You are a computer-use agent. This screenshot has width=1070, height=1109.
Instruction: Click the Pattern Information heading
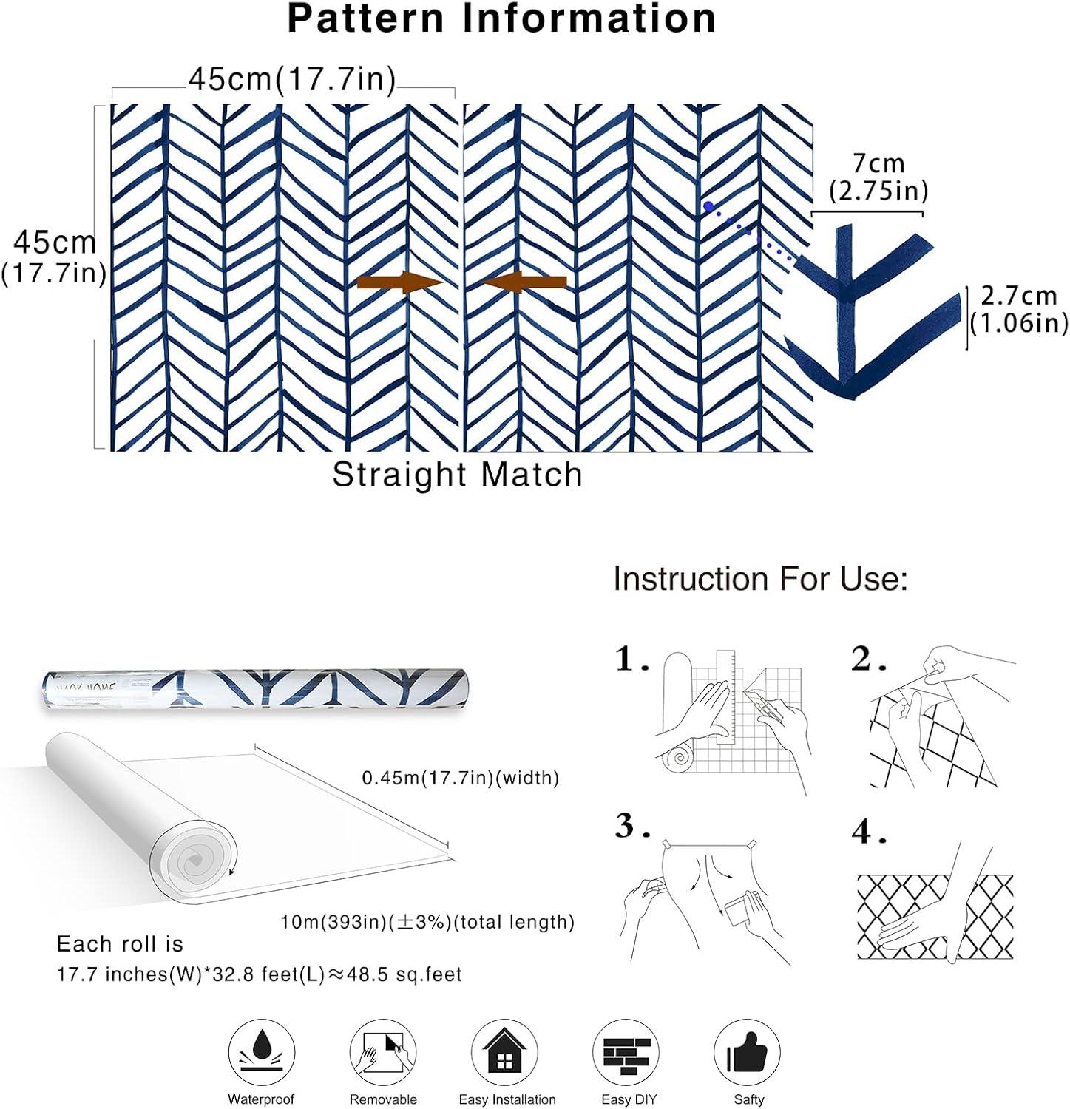point(501,19)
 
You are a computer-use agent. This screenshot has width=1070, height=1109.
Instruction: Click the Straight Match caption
point(457,475)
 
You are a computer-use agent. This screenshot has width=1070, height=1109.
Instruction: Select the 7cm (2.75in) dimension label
point(878,177)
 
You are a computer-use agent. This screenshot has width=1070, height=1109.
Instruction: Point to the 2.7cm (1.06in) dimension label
point(1018,309)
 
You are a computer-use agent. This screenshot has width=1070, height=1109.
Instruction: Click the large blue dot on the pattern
point(708,207)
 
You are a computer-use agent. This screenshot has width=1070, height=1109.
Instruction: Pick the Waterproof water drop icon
point(262,1051)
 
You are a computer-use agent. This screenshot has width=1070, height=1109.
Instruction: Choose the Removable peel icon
point(383,1051)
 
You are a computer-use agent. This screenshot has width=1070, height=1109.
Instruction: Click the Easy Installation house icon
point(504,1051)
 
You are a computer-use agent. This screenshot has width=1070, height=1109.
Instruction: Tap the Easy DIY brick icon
point(627,1051)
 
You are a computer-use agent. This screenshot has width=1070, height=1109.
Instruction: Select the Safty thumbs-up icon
point(748,1051)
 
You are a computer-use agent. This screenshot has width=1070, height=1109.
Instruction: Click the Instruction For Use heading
point(760,579)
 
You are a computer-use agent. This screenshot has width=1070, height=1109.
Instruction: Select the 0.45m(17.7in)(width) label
point(460,778)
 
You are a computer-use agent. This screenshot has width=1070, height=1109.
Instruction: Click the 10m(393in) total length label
point(427,922)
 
